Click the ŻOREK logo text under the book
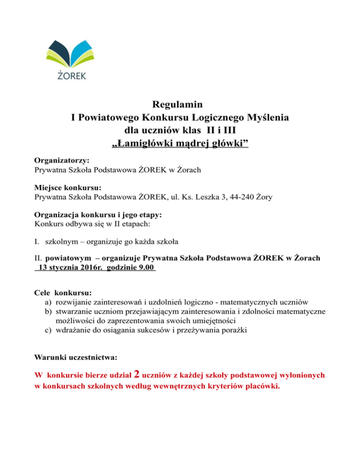(71, 75)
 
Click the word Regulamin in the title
(179, 104)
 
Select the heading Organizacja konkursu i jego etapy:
(98, 215)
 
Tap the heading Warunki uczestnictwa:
(76, 357)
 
